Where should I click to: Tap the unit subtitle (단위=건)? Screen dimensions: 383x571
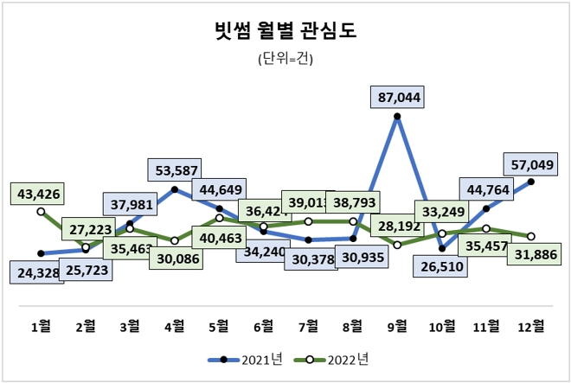[285, 60]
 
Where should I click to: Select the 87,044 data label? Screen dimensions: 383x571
[399, 98]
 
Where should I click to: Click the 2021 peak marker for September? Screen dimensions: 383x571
[397, 116]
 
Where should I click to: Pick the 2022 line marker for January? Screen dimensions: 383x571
[41, 211]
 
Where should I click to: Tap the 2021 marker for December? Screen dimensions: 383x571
[530, 182]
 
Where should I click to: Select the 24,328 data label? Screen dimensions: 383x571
[37, 272]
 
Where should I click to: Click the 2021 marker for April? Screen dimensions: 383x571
[175, 188]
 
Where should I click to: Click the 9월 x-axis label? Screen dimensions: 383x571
[397, 326]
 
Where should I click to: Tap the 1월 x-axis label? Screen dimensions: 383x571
[41, 326]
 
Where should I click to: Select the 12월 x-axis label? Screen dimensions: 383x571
[530, 326]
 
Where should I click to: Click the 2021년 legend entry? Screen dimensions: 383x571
[246, 358]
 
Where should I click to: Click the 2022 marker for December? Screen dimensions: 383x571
[530, 237]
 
